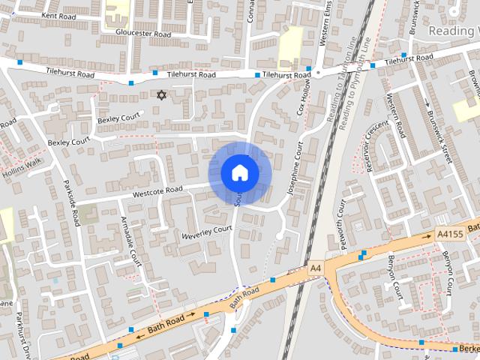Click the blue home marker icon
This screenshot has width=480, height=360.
point(240,173)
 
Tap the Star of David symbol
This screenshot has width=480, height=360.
point(160,94)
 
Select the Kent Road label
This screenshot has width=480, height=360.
point(59,15)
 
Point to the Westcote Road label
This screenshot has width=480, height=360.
point(157,192)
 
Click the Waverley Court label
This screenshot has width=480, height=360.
point(207,232)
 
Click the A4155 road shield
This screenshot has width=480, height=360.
point(449,235)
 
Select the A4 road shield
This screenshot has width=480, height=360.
point(315,267)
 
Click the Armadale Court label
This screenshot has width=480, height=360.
point(130,241)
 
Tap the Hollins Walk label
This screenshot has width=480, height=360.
point(23,166)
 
